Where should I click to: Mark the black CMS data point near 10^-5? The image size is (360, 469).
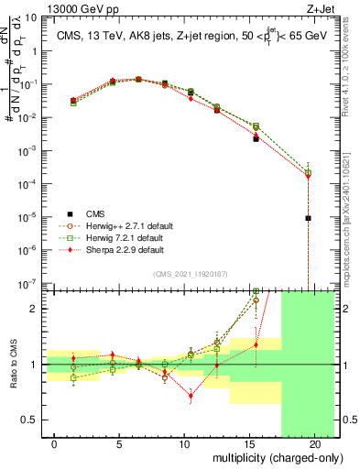pyautogui.click(x=309, y=218)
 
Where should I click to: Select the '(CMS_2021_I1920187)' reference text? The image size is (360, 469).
pyautogui.click(x=190, y=273)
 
